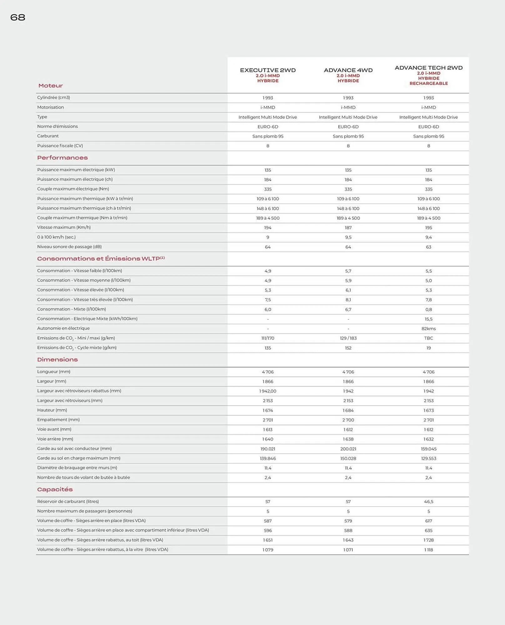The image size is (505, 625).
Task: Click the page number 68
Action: coord(18,17)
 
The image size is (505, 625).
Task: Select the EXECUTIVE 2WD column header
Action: coord(268,70)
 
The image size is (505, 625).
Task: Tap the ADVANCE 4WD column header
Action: coord(348,70)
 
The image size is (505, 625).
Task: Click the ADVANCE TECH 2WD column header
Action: coord(428,68)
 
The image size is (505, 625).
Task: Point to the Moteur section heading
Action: coord(51,86)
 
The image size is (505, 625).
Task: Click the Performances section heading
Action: coord(63,158)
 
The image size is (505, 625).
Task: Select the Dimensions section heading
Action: coord(58,360)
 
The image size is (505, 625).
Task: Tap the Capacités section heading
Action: coord(55,489)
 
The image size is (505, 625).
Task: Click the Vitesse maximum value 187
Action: coord(348,228)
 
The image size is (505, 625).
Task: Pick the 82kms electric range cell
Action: coord(428,329)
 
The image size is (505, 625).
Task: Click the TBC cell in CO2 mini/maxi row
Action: coord(428,338)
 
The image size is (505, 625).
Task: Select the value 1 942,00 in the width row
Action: coord(268,391)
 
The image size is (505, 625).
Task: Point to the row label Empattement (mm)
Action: coord(58,420)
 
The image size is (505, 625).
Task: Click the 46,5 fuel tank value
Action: coord(428,502)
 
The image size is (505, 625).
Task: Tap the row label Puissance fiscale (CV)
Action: coord(60,146)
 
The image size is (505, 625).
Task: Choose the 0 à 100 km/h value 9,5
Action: coord(348,237)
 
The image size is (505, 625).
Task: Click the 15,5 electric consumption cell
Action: coord(428,319)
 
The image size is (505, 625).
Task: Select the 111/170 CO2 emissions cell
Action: coord(268,338)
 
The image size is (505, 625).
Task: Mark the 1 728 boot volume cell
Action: coord(428,540)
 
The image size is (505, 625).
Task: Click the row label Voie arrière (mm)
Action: coord(55,439)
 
